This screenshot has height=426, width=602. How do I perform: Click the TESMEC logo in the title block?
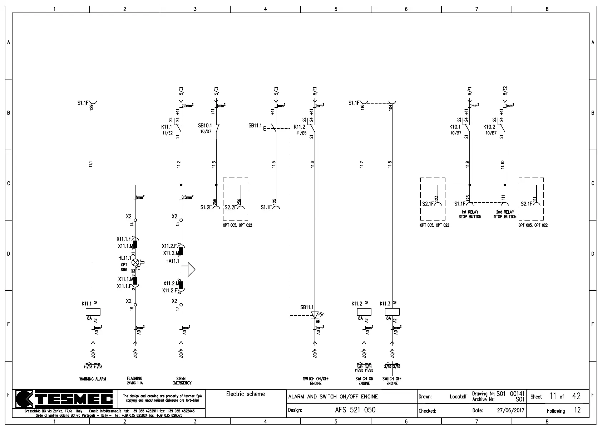pyautogui.click(x=64, y=398)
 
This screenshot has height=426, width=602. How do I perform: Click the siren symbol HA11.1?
pyautogui.click(x=191, y=270)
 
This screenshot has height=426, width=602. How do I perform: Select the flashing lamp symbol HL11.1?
pyautogui.click(x=135, y=262)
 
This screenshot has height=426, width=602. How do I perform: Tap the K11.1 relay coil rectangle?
pyautogui.click(x=93, y=312)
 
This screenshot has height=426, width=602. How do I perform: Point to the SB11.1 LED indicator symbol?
pyautogui.click(x=315, y=315)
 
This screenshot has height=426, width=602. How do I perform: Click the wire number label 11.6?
pyautogui.click(x=312, y=164)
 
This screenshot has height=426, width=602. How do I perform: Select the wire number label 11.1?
pyautogui.click(x=91, y=164)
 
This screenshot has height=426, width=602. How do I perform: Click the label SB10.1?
pyautogui.click(x=205, y=126)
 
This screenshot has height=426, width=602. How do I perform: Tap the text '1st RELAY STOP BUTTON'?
pyautogui.click(x=470, y=214)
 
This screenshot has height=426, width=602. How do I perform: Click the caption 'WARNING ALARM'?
pyautogui.click(x=93, y=379)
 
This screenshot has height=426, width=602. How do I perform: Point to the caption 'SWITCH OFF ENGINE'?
pyautogui.click(x=392, y=381)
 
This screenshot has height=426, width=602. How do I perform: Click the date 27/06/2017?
pyautogui.click(x=510, y=411)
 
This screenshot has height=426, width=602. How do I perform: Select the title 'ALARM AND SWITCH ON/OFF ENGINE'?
pyautogui.click(x=333, y=397)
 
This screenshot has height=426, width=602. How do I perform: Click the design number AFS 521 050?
pyautogui.click(x=355, y=410)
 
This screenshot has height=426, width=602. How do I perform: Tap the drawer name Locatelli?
pyautogui.click(x=458, y=397)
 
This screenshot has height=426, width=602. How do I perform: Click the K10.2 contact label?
pyautogui.click(x=489, y=127)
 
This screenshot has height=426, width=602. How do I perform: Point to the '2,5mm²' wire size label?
pyautogui.click(x=188, y=106)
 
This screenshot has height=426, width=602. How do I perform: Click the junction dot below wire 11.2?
pyautogui.click(x=181, y=185)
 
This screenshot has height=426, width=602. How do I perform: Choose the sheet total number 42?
pyautogui.click(x=576, y=396)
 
